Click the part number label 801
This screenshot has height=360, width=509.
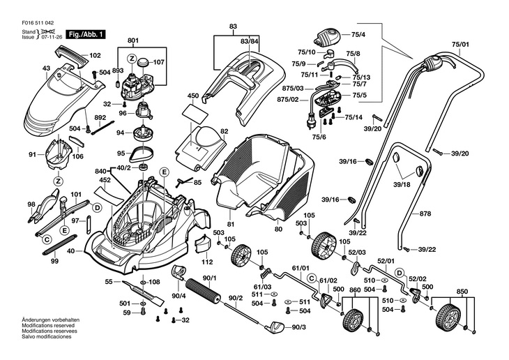tap(133, 41)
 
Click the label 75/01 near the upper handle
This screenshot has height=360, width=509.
tap(460, 44)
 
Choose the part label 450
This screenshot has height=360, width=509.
tap(193, 95)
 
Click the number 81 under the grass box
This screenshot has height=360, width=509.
tap(231, 223)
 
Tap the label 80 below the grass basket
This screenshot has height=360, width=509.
tap(278, 229)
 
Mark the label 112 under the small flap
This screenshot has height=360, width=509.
tap(207, 262)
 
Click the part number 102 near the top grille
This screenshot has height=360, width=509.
tap(96, 55)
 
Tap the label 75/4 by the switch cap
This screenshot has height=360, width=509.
tap(358, 34)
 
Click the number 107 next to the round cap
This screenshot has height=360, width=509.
tap(158, 62)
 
